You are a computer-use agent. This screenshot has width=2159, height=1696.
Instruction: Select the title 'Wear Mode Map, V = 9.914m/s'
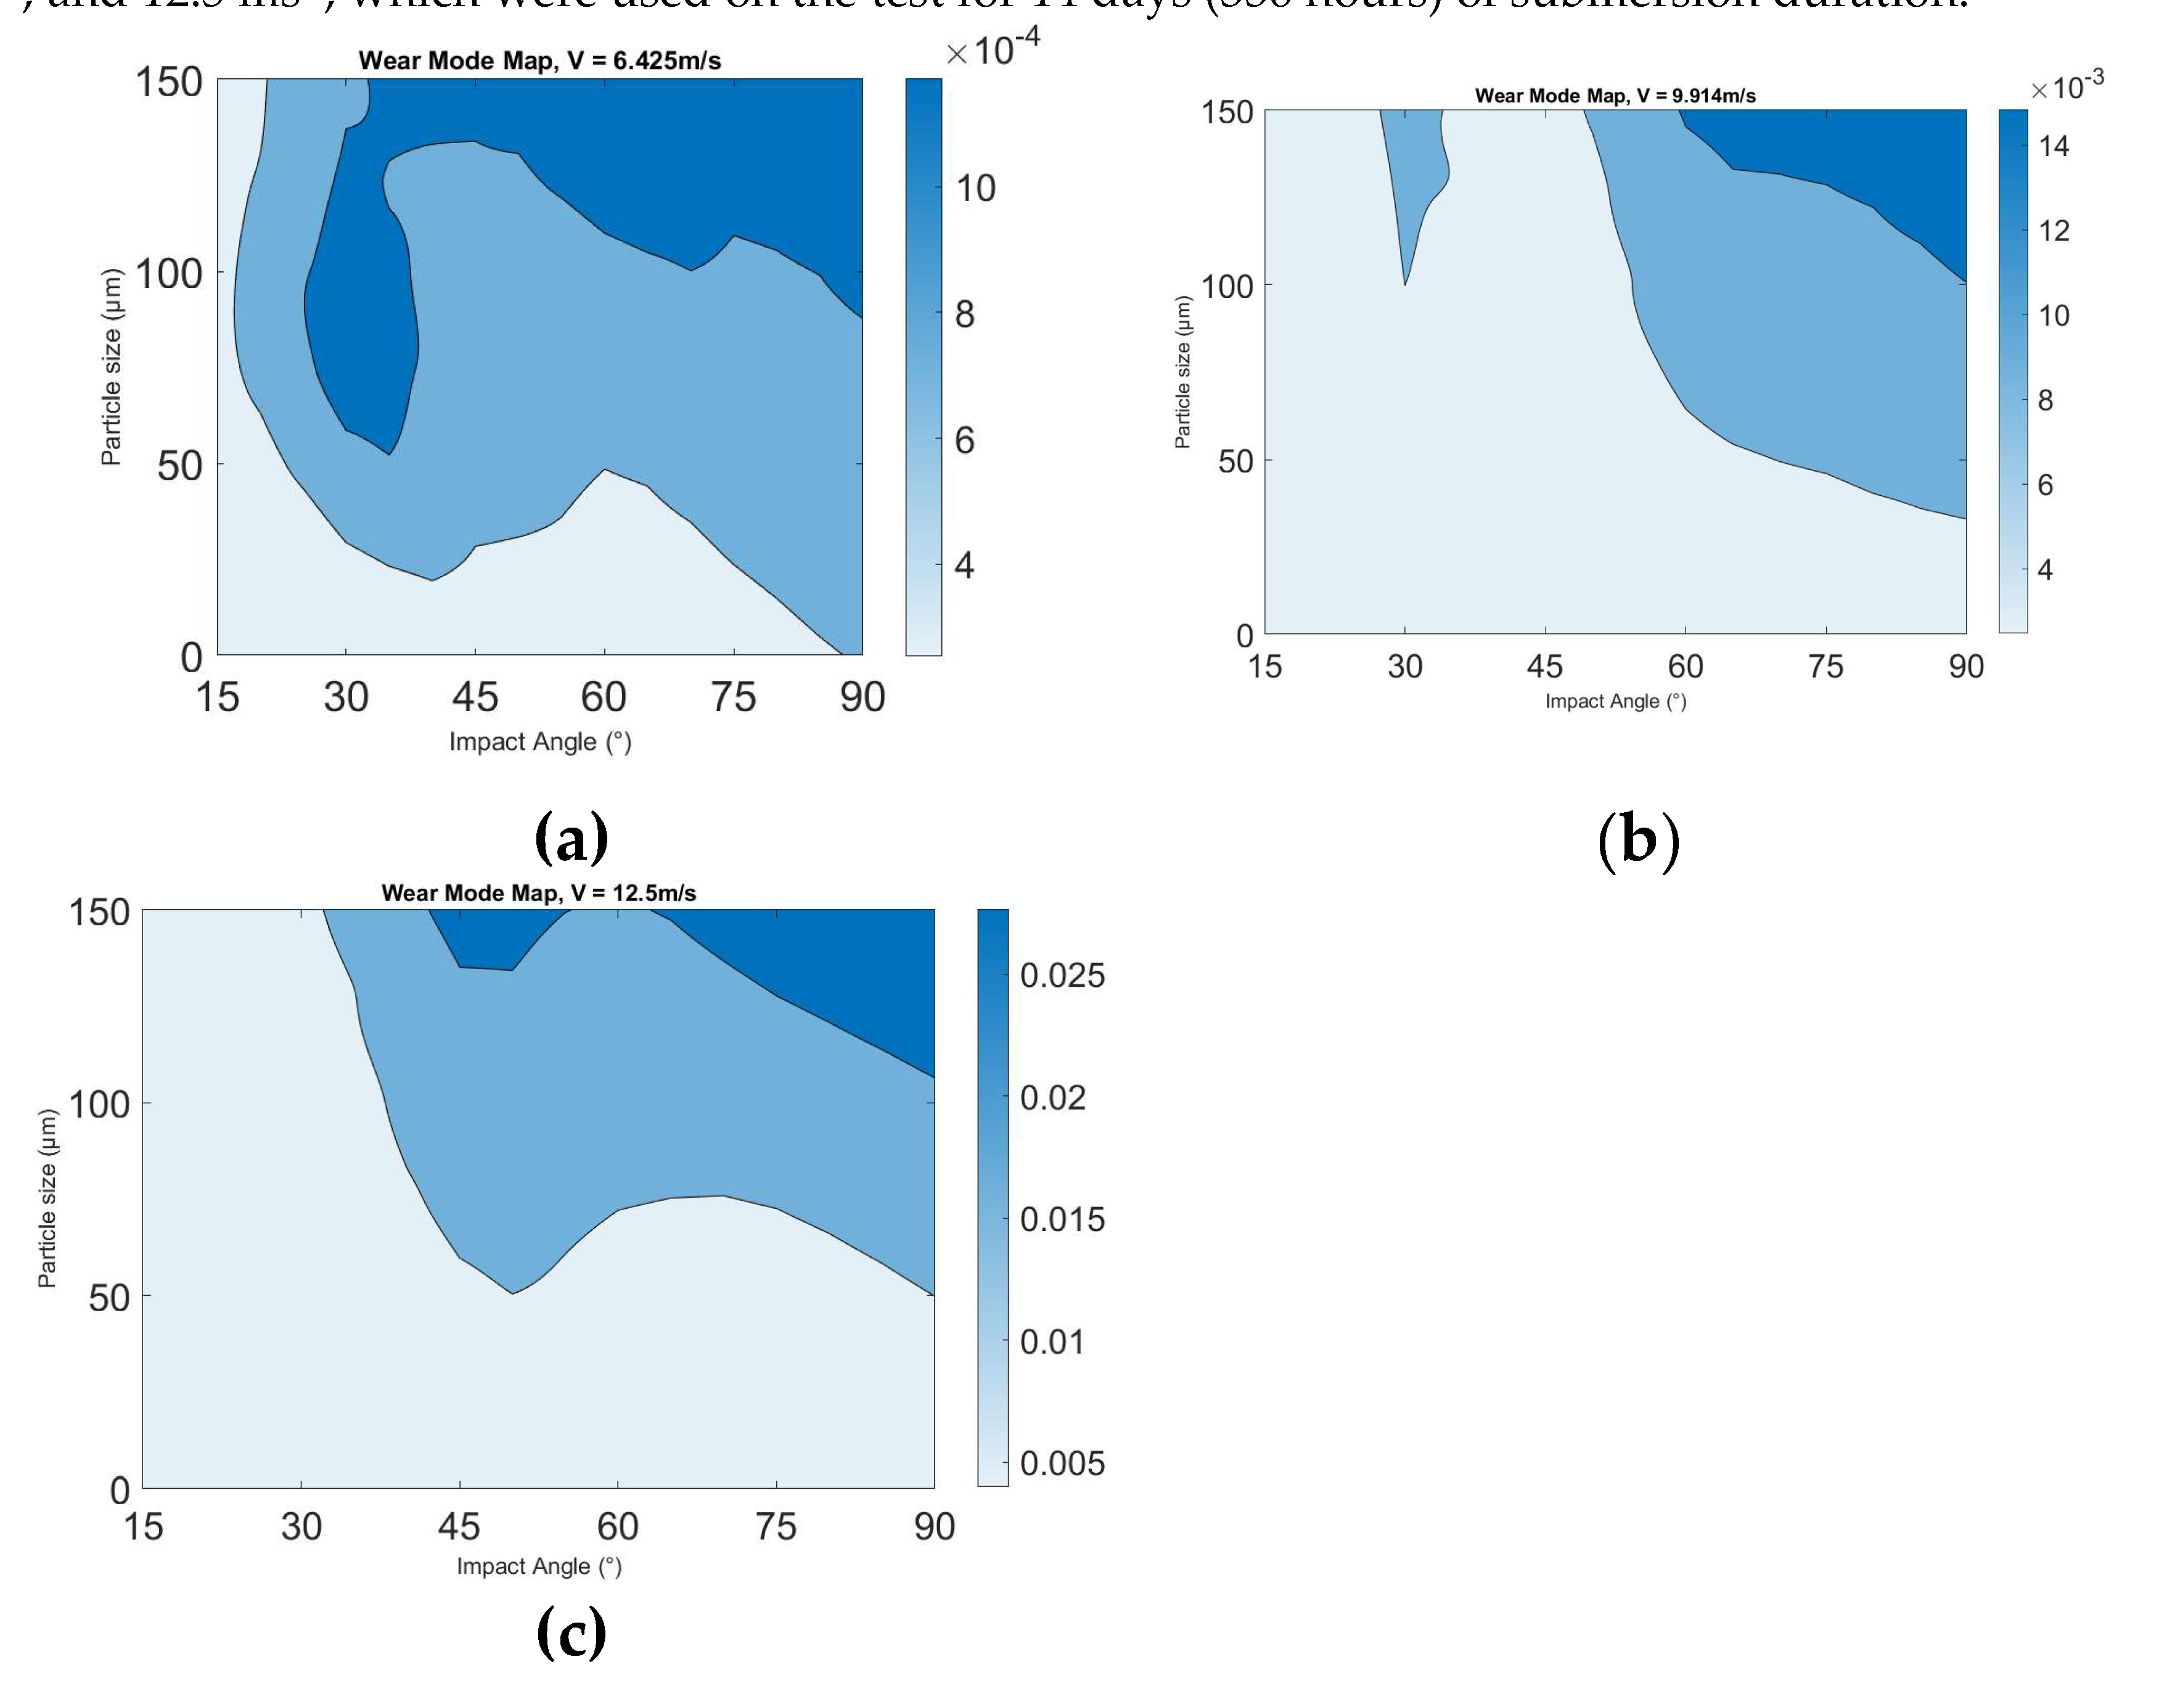click(1615, 96)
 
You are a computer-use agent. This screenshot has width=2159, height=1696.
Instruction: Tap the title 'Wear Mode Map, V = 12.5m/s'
click(538, 892)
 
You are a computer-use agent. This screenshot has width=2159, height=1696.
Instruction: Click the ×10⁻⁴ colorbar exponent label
click(993, 47)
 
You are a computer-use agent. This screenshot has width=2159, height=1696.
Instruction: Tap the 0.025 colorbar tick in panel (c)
click(1061, 975)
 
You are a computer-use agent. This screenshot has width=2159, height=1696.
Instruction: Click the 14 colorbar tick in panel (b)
click(2054, 147)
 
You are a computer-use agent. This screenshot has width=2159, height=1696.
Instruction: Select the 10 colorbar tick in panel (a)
click(975, 187)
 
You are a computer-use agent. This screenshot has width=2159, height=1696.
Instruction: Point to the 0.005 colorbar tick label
click(1061, 1463)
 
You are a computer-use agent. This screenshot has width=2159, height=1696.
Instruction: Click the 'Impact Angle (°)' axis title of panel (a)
click(540, 742)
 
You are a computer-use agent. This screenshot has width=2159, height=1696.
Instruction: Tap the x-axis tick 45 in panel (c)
click(459, 1526)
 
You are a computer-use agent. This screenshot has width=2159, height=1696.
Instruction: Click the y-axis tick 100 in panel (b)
click(1227, 287)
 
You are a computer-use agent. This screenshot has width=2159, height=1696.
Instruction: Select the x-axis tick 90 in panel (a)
click(862, 697)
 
